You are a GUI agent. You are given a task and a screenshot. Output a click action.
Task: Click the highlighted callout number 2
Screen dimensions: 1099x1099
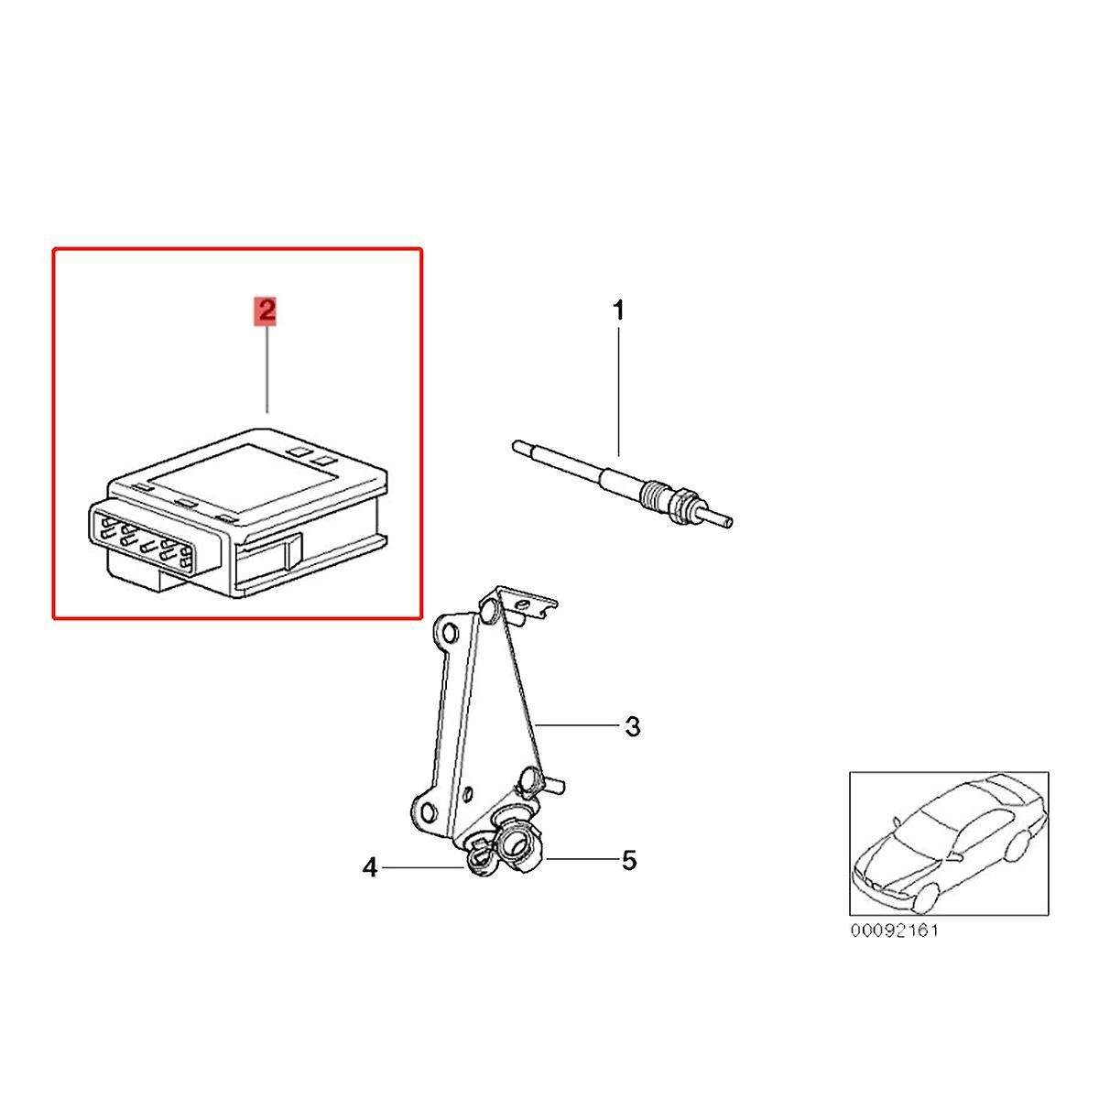click(267, 311)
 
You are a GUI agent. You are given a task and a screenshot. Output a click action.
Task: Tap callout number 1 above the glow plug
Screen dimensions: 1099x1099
click(617, 311)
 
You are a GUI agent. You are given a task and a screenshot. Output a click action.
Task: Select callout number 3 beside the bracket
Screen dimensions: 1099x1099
click(633, 727)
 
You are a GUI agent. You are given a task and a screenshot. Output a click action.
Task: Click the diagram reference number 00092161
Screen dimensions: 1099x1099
click(894, 930)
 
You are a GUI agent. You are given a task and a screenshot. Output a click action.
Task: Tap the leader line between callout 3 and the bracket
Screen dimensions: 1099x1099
click(578, 724)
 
